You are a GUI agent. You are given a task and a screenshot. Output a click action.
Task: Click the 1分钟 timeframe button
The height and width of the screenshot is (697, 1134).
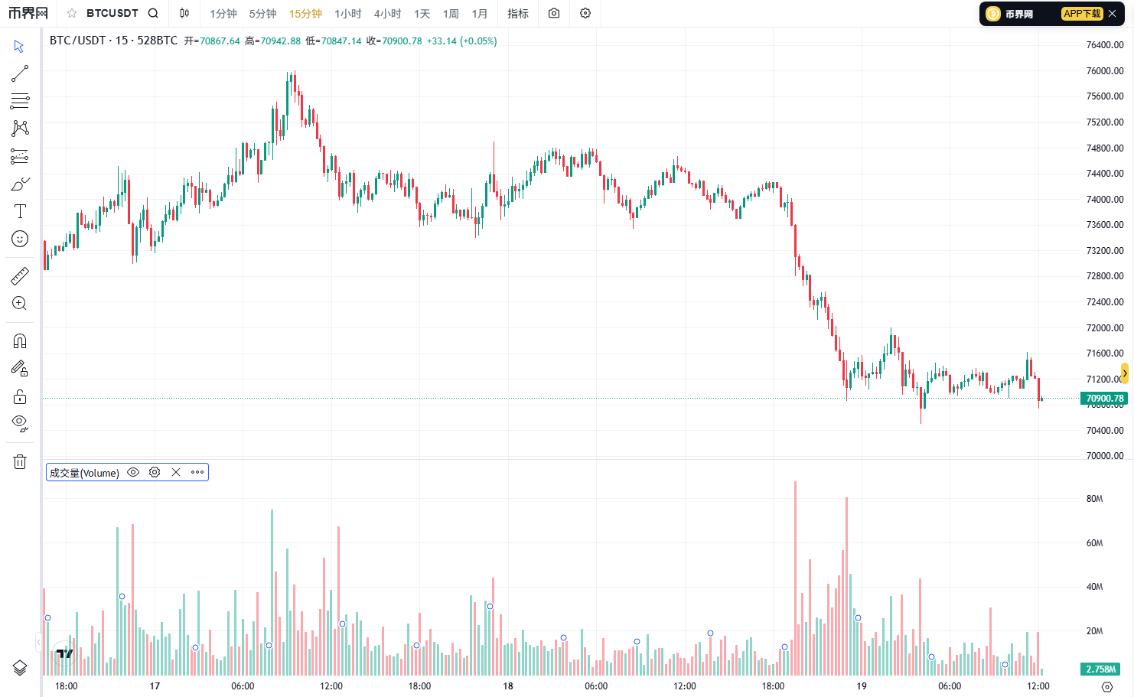[223, 14]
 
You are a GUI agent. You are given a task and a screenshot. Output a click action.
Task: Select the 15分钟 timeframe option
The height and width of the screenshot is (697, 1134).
[305, 14]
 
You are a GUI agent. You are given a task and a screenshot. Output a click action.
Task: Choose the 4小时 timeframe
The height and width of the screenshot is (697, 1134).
[387, 14]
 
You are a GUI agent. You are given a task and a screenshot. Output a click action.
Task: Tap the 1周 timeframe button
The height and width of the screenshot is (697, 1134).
[451, 14]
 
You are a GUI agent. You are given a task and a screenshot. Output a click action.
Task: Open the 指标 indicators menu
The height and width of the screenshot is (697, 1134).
[518, 14]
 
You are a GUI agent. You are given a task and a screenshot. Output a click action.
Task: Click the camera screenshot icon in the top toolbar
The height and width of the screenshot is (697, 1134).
[554, 14]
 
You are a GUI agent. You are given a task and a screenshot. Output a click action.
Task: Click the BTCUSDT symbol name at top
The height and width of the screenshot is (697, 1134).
[112, 13]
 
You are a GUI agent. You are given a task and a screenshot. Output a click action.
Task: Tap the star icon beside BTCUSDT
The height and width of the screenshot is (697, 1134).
[72, 13]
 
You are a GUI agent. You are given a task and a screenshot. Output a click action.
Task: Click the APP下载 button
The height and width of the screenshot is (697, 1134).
[1082, 14]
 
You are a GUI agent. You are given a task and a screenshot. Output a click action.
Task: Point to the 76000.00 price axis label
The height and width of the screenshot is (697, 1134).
[1105, 70]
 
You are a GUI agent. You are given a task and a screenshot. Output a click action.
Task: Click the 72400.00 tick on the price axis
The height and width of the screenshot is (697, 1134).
[1105, 301]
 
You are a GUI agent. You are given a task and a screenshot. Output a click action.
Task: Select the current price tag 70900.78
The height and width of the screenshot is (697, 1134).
[1105, 399]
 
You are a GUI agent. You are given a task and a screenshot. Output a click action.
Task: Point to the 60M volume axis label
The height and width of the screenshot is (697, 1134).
[1095, 543]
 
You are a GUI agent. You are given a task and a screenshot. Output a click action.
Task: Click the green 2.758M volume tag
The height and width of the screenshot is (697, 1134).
[1100, 669]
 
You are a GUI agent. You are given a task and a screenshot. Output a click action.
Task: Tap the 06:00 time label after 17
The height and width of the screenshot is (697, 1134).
[243, 686]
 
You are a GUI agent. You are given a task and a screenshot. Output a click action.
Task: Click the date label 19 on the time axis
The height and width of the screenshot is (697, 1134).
[862, 686]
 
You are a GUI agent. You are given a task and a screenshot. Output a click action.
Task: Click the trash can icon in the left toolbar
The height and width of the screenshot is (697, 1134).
[20, 461]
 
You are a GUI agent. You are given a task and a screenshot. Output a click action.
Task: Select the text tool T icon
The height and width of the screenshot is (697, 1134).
[20, 211]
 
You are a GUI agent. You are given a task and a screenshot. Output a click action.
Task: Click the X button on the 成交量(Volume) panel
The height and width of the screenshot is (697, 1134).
[176, 472]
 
